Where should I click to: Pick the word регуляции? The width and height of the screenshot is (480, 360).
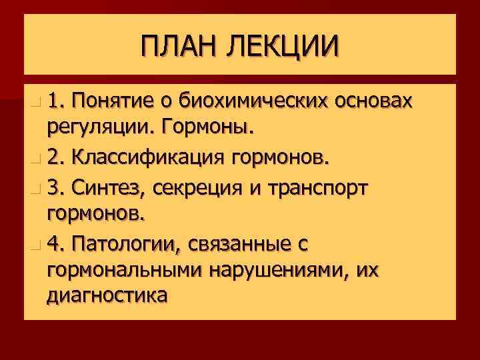click(x=97, y=126)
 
